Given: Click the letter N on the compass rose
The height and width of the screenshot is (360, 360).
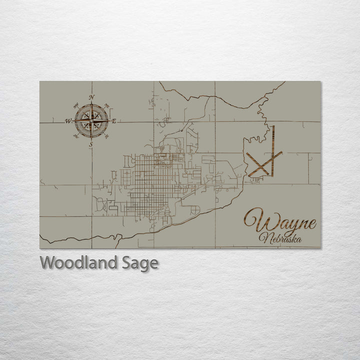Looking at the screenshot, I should click(x=91, y=97).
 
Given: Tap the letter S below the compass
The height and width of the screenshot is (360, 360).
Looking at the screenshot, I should click(x=91, y=144).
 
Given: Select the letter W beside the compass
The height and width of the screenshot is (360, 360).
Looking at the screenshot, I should click(x=67, y=121).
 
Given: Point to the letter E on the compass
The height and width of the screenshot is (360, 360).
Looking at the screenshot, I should click(x=114, y=121).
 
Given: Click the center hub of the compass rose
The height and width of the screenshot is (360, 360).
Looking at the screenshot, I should click(x=91, y=120).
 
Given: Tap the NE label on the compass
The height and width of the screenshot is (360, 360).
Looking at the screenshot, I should click(x=106, y=105).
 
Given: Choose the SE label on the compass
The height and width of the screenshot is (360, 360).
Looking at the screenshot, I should click(x=106, y=136).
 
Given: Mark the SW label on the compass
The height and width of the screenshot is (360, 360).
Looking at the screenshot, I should click(x=76, y=136).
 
